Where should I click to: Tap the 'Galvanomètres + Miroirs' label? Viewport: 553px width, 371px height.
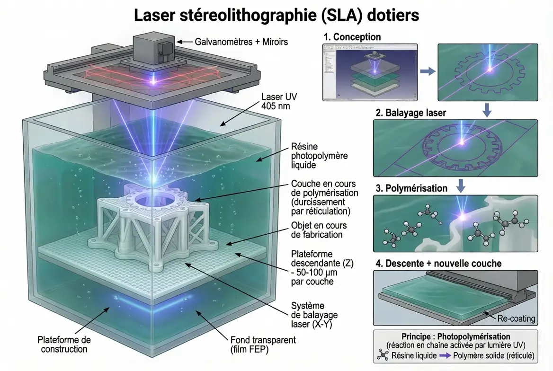point(241,42)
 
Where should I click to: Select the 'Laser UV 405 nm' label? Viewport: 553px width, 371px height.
point(279,101)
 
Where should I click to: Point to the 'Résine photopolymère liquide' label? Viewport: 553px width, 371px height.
point(319,156)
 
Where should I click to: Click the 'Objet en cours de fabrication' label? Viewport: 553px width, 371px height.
point(319,230)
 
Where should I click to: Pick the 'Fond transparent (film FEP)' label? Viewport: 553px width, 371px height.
point(263,344)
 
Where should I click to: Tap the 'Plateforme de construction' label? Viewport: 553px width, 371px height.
point(64,344)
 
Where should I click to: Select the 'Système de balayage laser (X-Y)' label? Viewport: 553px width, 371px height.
point(314,315)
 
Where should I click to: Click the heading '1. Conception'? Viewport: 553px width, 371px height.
point(352,37)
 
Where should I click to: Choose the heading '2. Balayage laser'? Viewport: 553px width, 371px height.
point(411,113)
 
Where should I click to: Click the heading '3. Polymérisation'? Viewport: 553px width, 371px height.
point(411,188)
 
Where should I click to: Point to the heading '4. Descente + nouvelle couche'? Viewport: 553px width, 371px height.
point(439,264)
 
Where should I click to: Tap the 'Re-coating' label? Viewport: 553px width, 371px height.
point(517,318)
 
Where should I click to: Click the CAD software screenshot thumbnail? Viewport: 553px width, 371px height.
point(370,72)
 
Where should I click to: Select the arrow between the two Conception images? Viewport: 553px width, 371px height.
point(428,71)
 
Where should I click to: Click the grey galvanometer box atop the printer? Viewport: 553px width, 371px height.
point(153,49)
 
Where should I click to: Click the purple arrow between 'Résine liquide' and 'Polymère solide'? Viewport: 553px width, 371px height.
point(445,356)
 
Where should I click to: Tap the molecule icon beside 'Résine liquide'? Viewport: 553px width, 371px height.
point(383,355)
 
